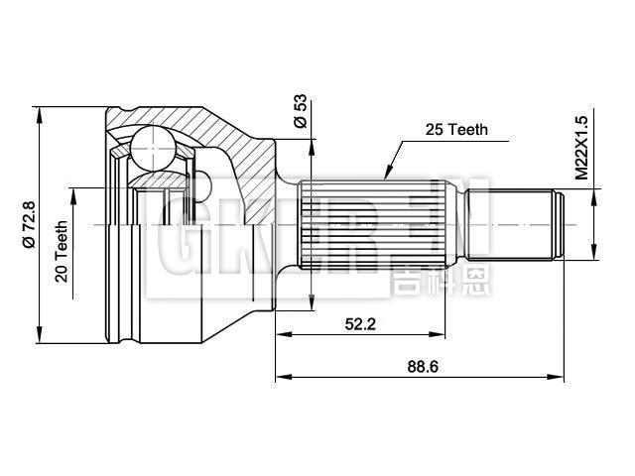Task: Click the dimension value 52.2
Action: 359,322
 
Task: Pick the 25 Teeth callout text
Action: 456,130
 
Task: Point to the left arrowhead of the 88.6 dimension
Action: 281,377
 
